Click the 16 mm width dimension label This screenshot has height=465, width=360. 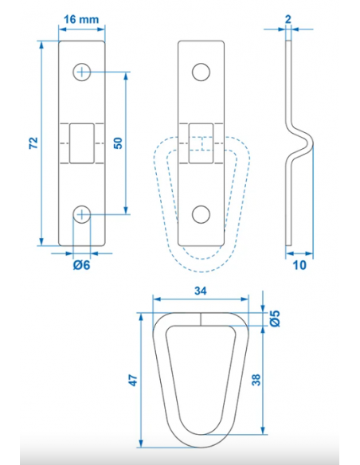[81, 20]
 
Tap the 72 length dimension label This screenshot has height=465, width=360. [33, 143]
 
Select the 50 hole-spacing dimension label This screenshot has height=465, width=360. [118, 143]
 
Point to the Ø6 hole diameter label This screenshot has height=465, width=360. [81, 265]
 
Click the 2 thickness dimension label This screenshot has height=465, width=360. [288, 20]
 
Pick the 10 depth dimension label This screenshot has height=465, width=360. [299, 265]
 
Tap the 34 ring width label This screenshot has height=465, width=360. [201, 291]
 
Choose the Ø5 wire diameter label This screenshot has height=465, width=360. [275, 318]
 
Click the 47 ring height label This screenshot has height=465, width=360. [133, 381]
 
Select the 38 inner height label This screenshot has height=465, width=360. [256, 380]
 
